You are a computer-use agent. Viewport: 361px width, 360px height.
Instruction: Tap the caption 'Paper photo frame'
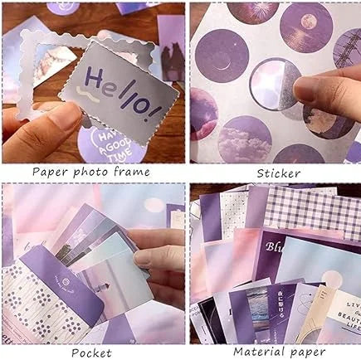pyautogui.click(x=91, y=172)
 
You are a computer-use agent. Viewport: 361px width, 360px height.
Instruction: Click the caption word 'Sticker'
pyautogui.click(x=278, y=173)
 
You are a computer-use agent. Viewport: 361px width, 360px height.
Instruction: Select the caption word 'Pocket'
pyautogui.click(x=91, y=351)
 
